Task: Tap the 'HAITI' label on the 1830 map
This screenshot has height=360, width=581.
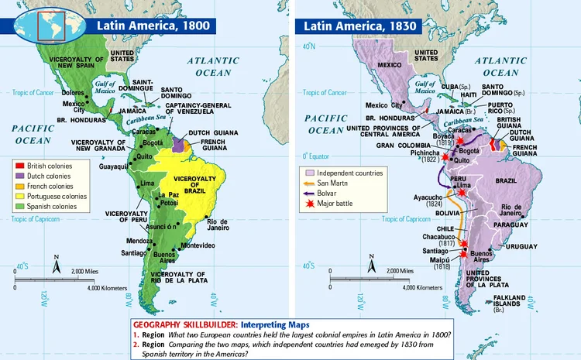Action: coord(468,94)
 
